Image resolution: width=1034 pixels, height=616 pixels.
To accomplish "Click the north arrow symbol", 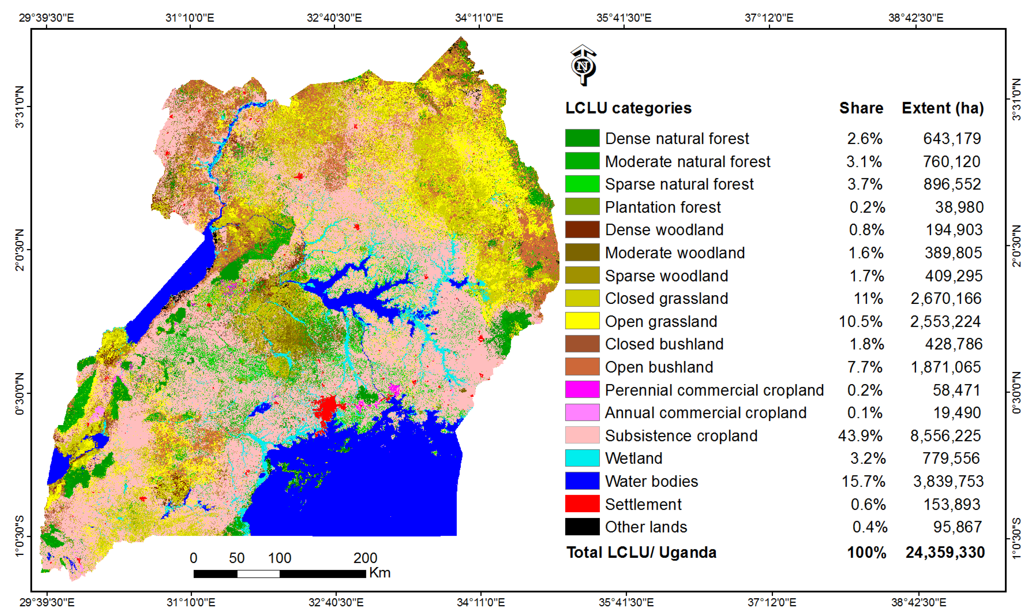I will click(x=583, y=65).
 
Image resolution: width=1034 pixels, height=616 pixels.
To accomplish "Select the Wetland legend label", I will click(x=633, y=458).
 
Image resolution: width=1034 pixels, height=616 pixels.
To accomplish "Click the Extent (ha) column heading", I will click(x=942, y=108).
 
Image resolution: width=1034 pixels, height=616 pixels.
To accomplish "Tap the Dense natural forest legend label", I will click(x=677, y=138).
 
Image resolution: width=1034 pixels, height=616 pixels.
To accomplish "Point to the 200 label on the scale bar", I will click(x=365, y=558).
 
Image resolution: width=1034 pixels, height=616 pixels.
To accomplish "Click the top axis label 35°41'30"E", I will click(x=624, y=18).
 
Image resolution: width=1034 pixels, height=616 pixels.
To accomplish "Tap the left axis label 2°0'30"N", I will click(x=19, y=250).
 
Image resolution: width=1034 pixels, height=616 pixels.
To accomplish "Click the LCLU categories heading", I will click(x=628, y=108).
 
